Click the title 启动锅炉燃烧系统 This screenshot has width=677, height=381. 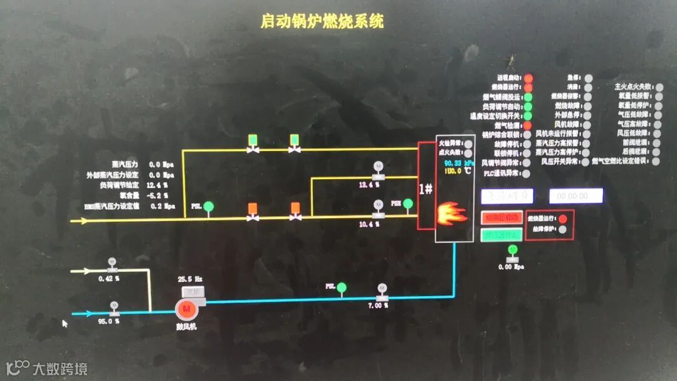[x=322, y=21]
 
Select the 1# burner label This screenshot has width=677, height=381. [x=426, y=188]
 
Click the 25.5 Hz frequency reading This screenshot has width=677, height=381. [x=190, y=279]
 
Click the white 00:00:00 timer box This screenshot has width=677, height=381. [x=576, y=196]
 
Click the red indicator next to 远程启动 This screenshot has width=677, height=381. [x=528, y=78]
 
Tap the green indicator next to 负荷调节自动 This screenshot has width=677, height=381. [x=528, y=107]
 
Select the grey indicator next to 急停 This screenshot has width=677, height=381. [x=589, y=78]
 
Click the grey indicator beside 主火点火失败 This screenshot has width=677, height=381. [x=659, y=86]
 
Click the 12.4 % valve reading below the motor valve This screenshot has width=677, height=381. [x=369, y=185]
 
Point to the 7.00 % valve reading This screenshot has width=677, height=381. [x=377, y=306]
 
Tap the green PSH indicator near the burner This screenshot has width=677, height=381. [x=408, y=204]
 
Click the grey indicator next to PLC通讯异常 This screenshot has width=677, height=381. [x=525, y=172]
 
